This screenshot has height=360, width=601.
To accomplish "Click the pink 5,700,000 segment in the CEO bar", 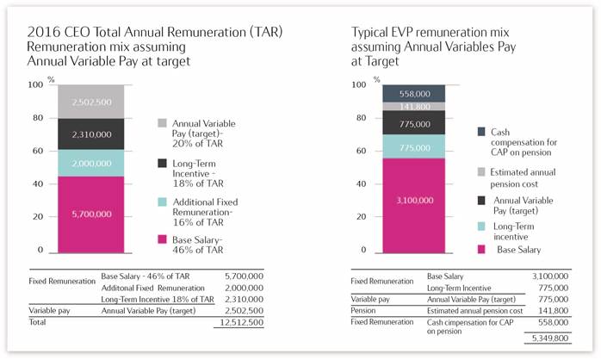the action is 91,214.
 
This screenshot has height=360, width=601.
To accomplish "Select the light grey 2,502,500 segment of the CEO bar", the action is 91,102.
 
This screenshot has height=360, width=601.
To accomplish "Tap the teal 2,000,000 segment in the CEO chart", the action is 91,163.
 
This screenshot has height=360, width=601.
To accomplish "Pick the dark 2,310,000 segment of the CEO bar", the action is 91,133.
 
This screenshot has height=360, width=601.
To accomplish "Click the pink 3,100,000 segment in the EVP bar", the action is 414,206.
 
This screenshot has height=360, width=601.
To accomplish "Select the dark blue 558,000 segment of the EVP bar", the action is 414,94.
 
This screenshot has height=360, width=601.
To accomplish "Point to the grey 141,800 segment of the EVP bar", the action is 414,107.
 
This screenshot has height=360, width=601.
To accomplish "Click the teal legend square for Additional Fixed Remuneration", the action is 162,202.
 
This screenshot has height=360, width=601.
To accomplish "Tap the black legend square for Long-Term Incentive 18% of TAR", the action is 162,164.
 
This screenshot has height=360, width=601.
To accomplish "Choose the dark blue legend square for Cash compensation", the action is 481,132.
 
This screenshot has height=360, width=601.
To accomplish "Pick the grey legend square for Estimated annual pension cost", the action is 481,171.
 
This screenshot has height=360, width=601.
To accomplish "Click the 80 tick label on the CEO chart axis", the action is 38,118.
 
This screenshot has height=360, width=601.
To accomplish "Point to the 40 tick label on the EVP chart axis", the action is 361,183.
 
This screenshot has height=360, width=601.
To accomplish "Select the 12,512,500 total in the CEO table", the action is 241,322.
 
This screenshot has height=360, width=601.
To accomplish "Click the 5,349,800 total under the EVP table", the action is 550,338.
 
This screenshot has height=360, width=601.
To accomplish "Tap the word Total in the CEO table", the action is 37,322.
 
